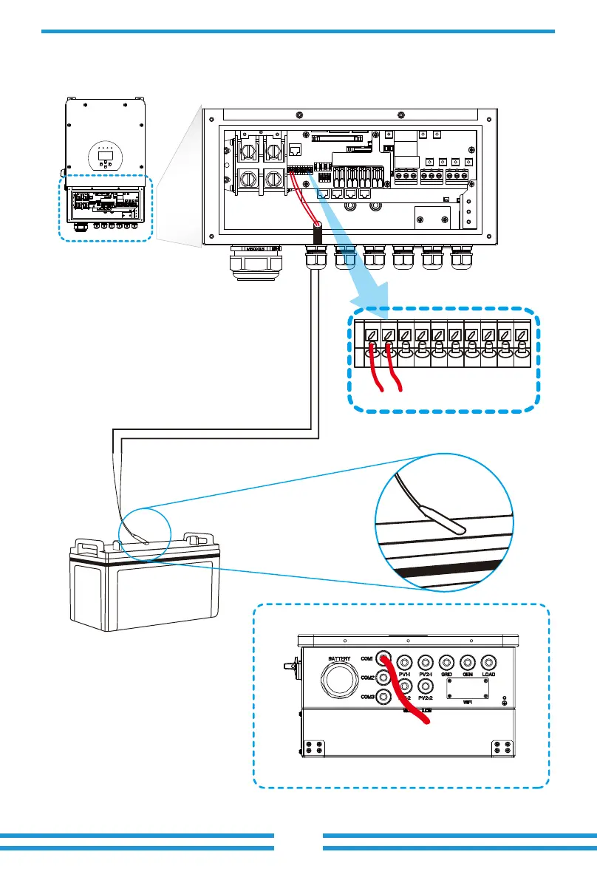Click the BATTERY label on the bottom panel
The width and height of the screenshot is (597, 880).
tap(340, 658)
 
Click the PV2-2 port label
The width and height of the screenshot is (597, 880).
tap(424, 698)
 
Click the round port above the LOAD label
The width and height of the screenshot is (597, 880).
tap(488, 663)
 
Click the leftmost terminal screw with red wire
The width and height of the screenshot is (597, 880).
tap(371, 335)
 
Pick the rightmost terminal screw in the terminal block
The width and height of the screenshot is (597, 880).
tap(522, 335)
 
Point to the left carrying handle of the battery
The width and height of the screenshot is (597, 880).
tap(87, 545)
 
